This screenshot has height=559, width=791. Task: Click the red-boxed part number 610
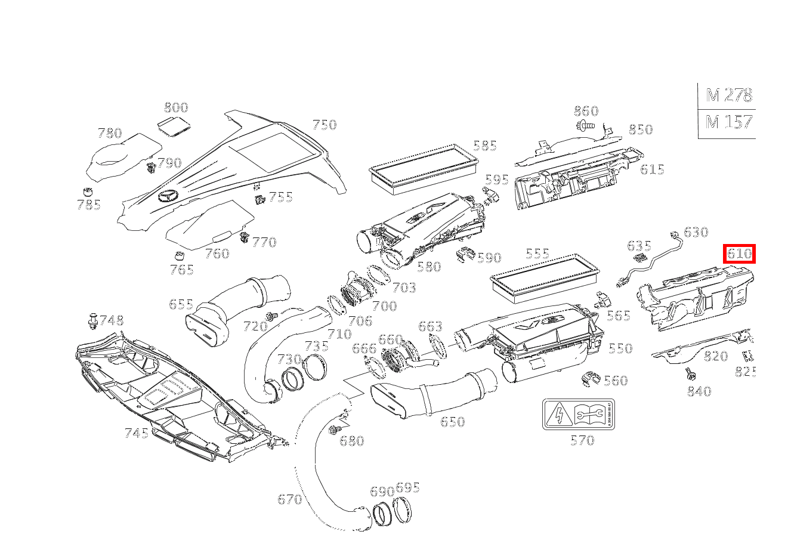[x=739, y=254]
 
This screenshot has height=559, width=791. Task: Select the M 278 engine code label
[x=728, y=95]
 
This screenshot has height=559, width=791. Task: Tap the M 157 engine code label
[x=728, y=122]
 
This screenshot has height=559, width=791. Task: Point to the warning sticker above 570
[x=579, y=415]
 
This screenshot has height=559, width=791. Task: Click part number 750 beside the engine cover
[x=325, y=125]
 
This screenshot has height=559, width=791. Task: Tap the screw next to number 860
[x=585, y=125]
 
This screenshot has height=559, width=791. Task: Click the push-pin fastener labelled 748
[x=92, y=322]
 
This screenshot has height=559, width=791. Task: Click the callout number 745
[x=136, y=433]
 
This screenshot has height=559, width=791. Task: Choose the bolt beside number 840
[x=690, y=374]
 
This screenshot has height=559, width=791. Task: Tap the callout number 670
[x=289, y=499]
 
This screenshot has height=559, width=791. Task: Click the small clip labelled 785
[x=88, y=192]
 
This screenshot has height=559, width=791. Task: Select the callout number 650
[x=452, y=422]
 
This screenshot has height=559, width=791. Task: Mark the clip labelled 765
[x=177, y=257]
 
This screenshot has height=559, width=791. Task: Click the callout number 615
[x=652, y=169]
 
